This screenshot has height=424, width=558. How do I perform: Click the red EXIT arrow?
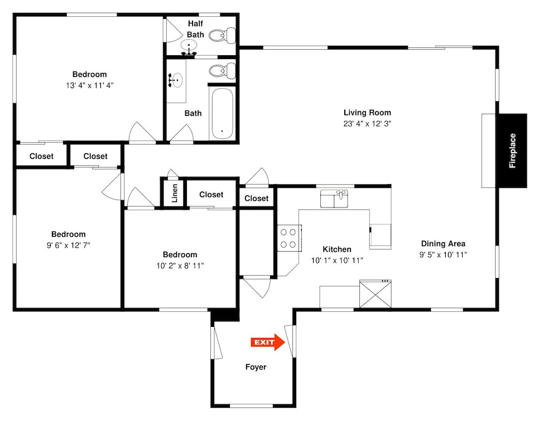tap(268, 342)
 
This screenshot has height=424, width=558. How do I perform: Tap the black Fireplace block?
tap(512, 151)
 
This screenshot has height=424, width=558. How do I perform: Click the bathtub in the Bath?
tap(223, 114)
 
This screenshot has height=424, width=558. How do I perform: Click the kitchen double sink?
tap(334, 199)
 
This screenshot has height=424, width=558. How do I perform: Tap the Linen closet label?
tap(174, 193)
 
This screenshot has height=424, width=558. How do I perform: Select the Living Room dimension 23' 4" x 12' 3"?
tap(367, 124)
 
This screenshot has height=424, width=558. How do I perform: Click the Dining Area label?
tap(443, 244)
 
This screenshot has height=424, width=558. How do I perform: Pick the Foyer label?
tap(256, 367)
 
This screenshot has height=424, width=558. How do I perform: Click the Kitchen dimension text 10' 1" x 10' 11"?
tap(337, 261)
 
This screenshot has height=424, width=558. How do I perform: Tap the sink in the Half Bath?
tap(189, 46)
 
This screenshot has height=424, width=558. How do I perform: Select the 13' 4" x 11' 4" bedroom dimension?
tap(90, 85)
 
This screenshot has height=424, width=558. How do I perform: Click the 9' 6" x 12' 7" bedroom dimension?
tap(68, 245)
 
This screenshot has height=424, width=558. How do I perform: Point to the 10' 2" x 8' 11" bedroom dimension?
tap(180, 266)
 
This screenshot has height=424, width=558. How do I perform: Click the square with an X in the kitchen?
tap(376, 294)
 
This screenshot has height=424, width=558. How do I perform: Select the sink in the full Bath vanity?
tap(176, 80)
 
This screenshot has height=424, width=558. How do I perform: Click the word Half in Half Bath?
tap(195, 23)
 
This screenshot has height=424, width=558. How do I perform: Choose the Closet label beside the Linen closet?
tap(211, 195)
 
